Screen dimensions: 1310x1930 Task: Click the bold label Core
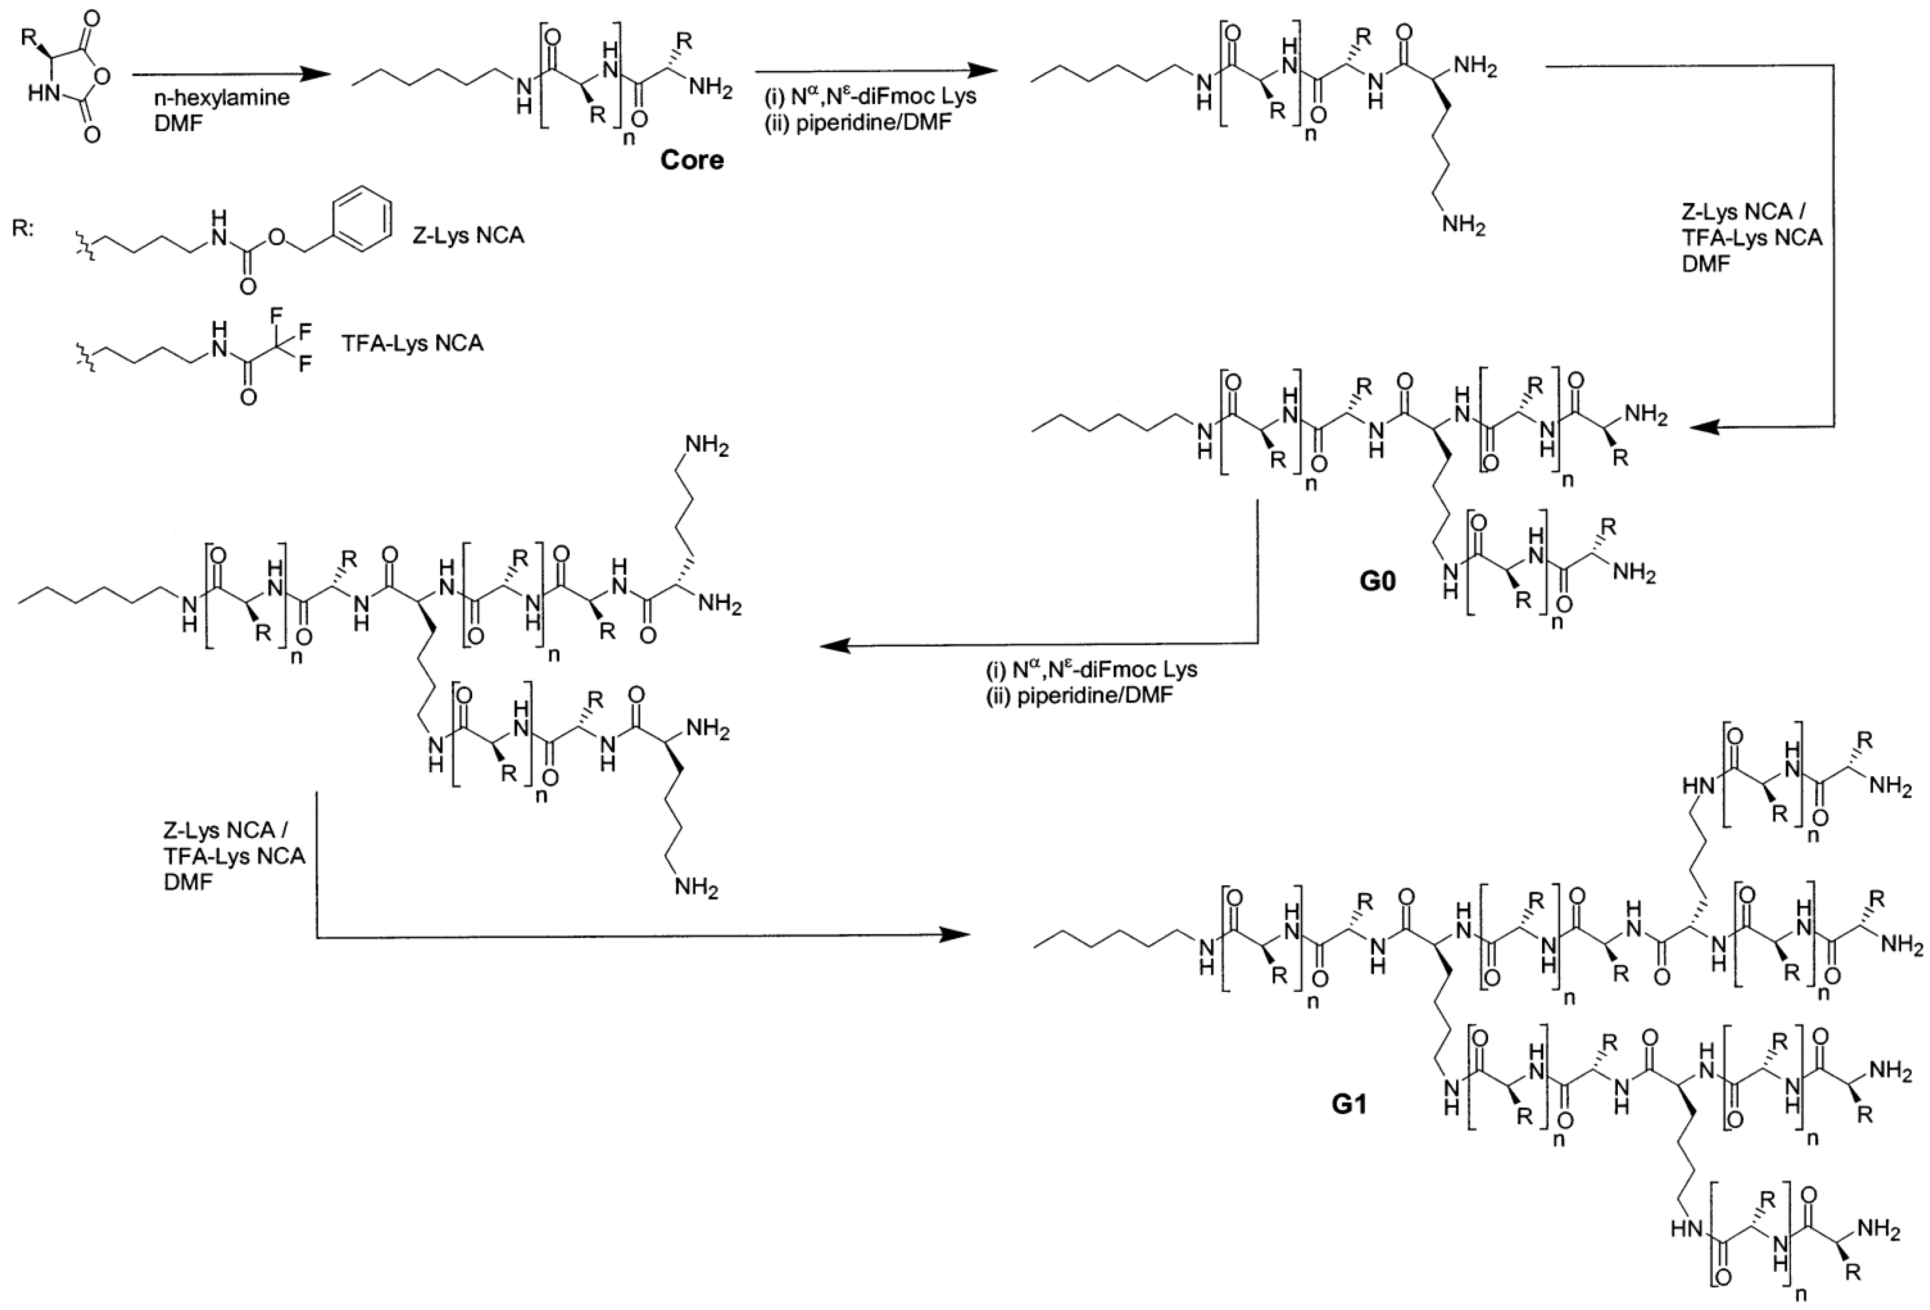point(691,159)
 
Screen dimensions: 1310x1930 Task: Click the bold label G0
point(1377,580)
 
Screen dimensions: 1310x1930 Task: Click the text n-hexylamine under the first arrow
point(222,97)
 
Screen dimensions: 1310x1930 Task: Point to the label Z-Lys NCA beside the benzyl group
point(468,235)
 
